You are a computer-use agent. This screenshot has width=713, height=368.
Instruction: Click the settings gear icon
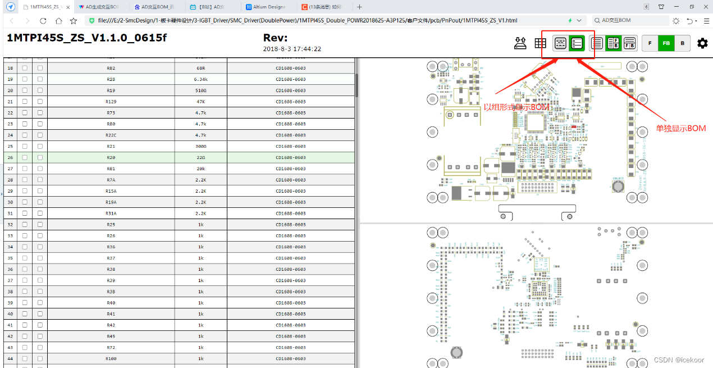click(702, 43)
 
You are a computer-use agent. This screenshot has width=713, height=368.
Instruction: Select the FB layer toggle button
click(666, 43)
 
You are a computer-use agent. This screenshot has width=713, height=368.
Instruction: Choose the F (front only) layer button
click(650, 43)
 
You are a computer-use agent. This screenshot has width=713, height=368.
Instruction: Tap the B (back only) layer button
click(682, 43)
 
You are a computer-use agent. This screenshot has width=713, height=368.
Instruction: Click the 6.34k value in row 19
click(200, 79)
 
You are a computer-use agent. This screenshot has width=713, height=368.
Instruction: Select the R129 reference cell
click(111, 102)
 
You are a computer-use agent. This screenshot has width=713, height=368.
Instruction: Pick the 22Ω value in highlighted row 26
click(200, 157)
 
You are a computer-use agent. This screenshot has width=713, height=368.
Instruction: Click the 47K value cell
click(200, 102)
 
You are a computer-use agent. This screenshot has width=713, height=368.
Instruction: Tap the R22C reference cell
click(111, 135)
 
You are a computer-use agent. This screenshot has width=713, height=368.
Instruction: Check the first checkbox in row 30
click(25, 202)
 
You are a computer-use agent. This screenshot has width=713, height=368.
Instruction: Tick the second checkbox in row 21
click(40, 102)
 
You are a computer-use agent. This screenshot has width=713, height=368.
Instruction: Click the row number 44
click(10, 358)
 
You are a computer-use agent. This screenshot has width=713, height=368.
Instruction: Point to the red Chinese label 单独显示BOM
click(680, 129)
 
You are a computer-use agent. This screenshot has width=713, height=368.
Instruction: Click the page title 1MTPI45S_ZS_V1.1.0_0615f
click(86, 38)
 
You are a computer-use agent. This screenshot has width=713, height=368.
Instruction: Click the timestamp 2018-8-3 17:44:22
click(292, 49)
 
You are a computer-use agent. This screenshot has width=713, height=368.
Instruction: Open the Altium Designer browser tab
click(266, 7)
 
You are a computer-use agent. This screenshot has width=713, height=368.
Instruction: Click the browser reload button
click(43, 20)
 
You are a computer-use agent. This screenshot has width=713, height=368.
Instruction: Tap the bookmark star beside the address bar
click(74, 20)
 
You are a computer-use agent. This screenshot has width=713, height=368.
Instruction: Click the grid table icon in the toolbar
click(540, 43)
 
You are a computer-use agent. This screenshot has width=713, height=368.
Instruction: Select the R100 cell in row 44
click(111, 358)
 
